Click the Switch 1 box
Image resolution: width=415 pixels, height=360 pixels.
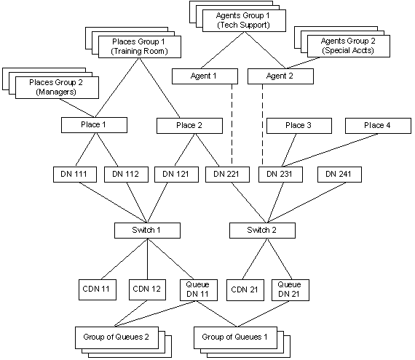[147, 231]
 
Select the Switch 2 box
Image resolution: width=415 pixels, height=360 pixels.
[262, 231]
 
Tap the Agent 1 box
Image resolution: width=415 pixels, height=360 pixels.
[205, 76]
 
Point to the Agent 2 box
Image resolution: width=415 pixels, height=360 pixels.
[280, 76]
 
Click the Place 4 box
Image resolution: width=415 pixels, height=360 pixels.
[378, 126]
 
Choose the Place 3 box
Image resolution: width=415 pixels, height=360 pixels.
[299, 126]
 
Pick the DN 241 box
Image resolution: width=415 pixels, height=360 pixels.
[339, 175]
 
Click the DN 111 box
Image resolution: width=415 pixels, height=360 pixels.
[75, 175]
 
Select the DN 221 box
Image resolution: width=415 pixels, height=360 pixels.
[227, 175]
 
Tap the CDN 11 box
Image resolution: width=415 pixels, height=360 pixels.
[98, 289]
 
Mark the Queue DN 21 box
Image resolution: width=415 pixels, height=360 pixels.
[290, 290]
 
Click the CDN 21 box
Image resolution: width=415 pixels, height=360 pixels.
[245, 290]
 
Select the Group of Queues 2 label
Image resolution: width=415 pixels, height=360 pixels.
[116, 337]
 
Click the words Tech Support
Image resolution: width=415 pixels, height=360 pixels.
[243, 25]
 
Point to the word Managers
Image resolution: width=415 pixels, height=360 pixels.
[56, 92]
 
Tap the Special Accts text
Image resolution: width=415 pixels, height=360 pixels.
[348, 50]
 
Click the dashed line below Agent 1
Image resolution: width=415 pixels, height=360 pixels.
[232, 124]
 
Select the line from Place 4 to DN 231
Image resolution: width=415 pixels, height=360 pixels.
[330, 150]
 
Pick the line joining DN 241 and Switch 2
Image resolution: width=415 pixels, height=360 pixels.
[307, 202]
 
